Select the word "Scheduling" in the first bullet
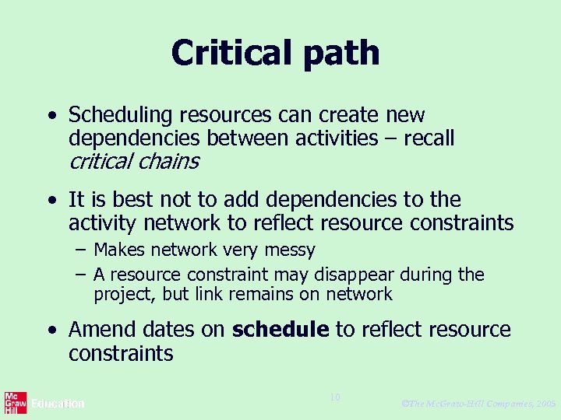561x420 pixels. click(120, 116)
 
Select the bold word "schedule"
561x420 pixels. click(280, 330)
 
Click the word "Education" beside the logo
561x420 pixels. click(58, 404)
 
